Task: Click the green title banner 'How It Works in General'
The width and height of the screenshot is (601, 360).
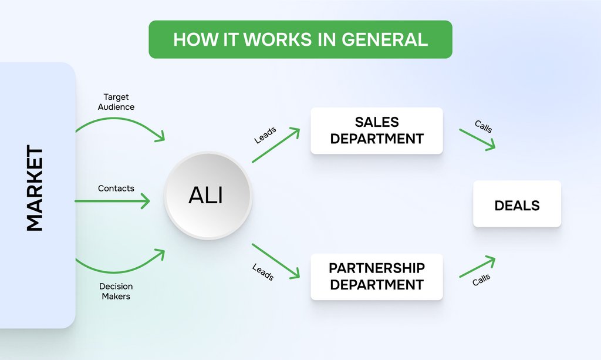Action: [x=300, y=39]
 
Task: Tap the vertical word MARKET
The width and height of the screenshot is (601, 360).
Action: [x=35, y=189]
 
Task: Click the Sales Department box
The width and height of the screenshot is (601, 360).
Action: [x=376, y=130]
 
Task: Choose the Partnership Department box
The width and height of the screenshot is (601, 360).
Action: [x=376, y=277]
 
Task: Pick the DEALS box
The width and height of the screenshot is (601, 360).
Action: [x=516, y=205]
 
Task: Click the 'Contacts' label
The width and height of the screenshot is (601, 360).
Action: [x=116, y=189]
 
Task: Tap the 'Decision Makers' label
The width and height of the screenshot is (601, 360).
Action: [x=116, y=291]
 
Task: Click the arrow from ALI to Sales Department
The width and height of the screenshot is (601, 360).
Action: [x=276, y=145]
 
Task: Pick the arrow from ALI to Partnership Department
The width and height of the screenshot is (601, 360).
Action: [x=276, y=260]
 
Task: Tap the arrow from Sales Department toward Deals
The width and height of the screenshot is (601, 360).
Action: [x=477, y=139]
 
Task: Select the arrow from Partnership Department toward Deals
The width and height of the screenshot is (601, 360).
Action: [x=477, y=267]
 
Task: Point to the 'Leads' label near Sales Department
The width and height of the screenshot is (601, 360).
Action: [x=265, y=136]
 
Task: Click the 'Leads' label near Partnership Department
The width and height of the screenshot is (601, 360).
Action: [x=263, y=272]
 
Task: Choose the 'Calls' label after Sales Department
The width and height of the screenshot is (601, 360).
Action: [x=483, y=126]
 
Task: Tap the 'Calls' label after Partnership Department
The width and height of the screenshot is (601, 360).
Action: [x=481, y=280]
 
